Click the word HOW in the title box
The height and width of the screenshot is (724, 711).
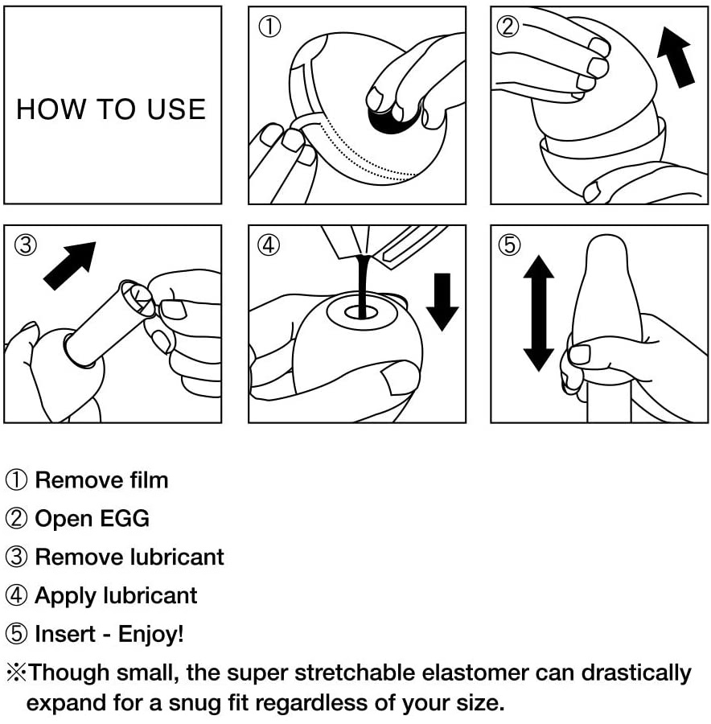click(51, 109)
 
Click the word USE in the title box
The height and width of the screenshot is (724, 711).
click(176, 109)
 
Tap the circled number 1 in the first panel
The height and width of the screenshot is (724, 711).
click(269, 27)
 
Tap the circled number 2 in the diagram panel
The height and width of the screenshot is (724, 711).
click(508, 27)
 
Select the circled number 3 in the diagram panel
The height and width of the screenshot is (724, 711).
click(26, 245)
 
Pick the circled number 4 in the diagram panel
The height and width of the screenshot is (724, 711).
click(269, 245)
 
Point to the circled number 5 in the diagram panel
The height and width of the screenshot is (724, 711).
click(510, 245)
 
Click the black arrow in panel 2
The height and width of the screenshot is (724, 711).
click(675, 57)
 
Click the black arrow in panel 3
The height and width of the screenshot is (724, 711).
click(70, 266)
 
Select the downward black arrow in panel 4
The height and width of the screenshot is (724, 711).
click(442, 302)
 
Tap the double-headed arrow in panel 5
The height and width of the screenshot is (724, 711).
click(538, 314)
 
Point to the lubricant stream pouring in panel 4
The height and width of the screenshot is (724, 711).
click(364, 286)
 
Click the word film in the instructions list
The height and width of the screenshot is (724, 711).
click(149, 480)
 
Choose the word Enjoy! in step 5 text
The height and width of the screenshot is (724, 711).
click(151, 635)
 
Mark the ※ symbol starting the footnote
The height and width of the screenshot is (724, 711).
click(16, 673)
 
